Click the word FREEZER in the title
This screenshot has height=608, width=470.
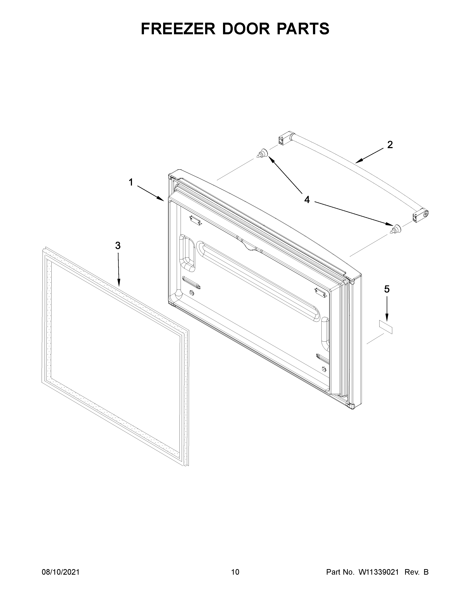(x=178, y=29)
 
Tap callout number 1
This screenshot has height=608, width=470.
(x=131, y=183)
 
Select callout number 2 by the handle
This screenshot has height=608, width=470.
(x=390, y=145)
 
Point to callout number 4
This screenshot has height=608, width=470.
(x=307, y=200)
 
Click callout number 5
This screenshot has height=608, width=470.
(x=387, y=289)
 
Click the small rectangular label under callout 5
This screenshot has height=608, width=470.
(x=386, y=327)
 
